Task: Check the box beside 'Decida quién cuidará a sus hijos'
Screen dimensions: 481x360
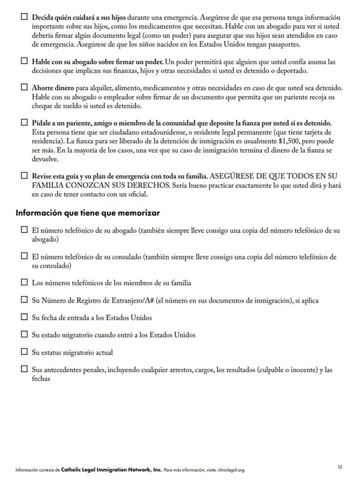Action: [x=24, y=17]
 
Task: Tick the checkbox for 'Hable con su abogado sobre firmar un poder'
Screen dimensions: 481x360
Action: [x=24, y=61]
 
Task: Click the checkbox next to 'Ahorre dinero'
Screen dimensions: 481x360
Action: [x=24, y=87]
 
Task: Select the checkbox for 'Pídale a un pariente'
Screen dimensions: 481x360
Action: [x=24, y=123]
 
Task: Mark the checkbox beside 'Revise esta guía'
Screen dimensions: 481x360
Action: [x=24, y=176]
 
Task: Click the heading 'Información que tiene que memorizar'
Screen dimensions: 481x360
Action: [x=88, y=213]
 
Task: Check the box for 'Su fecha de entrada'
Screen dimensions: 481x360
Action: [x=24, y=317]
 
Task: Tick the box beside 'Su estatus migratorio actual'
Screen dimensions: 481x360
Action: [x=24, y=352]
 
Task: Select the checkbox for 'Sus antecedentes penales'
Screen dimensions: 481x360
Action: [x=24, y=369]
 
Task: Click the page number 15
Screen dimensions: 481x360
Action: [x=340, y=467]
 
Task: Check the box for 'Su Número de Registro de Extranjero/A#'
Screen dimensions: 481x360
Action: [x=24, y=300]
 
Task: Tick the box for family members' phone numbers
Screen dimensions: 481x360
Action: [x=24, y=283]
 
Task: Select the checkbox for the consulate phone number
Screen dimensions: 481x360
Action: [x=24, y=257]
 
